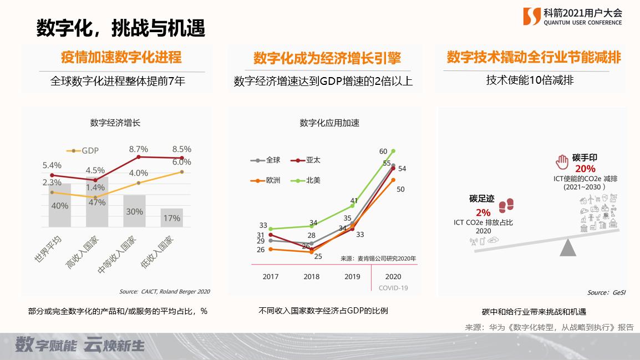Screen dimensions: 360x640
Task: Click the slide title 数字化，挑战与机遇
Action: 121,28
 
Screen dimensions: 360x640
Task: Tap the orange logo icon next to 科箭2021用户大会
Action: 532,17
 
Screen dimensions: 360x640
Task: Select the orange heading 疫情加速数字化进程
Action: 121,58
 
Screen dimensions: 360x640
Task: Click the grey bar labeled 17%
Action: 172,218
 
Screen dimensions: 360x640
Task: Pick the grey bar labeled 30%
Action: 134,211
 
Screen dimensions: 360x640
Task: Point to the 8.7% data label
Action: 139,149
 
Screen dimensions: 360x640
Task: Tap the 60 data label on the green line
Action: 383,151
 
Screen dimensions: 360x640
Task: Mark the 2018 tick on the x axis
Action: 312,276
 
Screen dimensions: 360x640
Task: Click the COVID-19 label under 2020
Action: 393,288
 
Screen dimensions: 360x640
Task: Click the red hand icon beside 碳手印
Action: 562,161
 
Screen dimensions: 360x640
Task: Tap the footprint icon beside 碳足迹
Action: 506,206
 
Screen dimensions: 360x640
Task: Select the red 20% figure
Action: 585,169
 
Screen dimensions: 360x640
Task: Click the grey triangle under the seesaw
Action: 568,247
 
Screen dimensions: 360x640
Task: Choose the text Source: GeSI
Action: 606,292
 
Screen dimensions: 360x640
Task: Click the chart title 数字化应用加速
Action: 329,123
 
